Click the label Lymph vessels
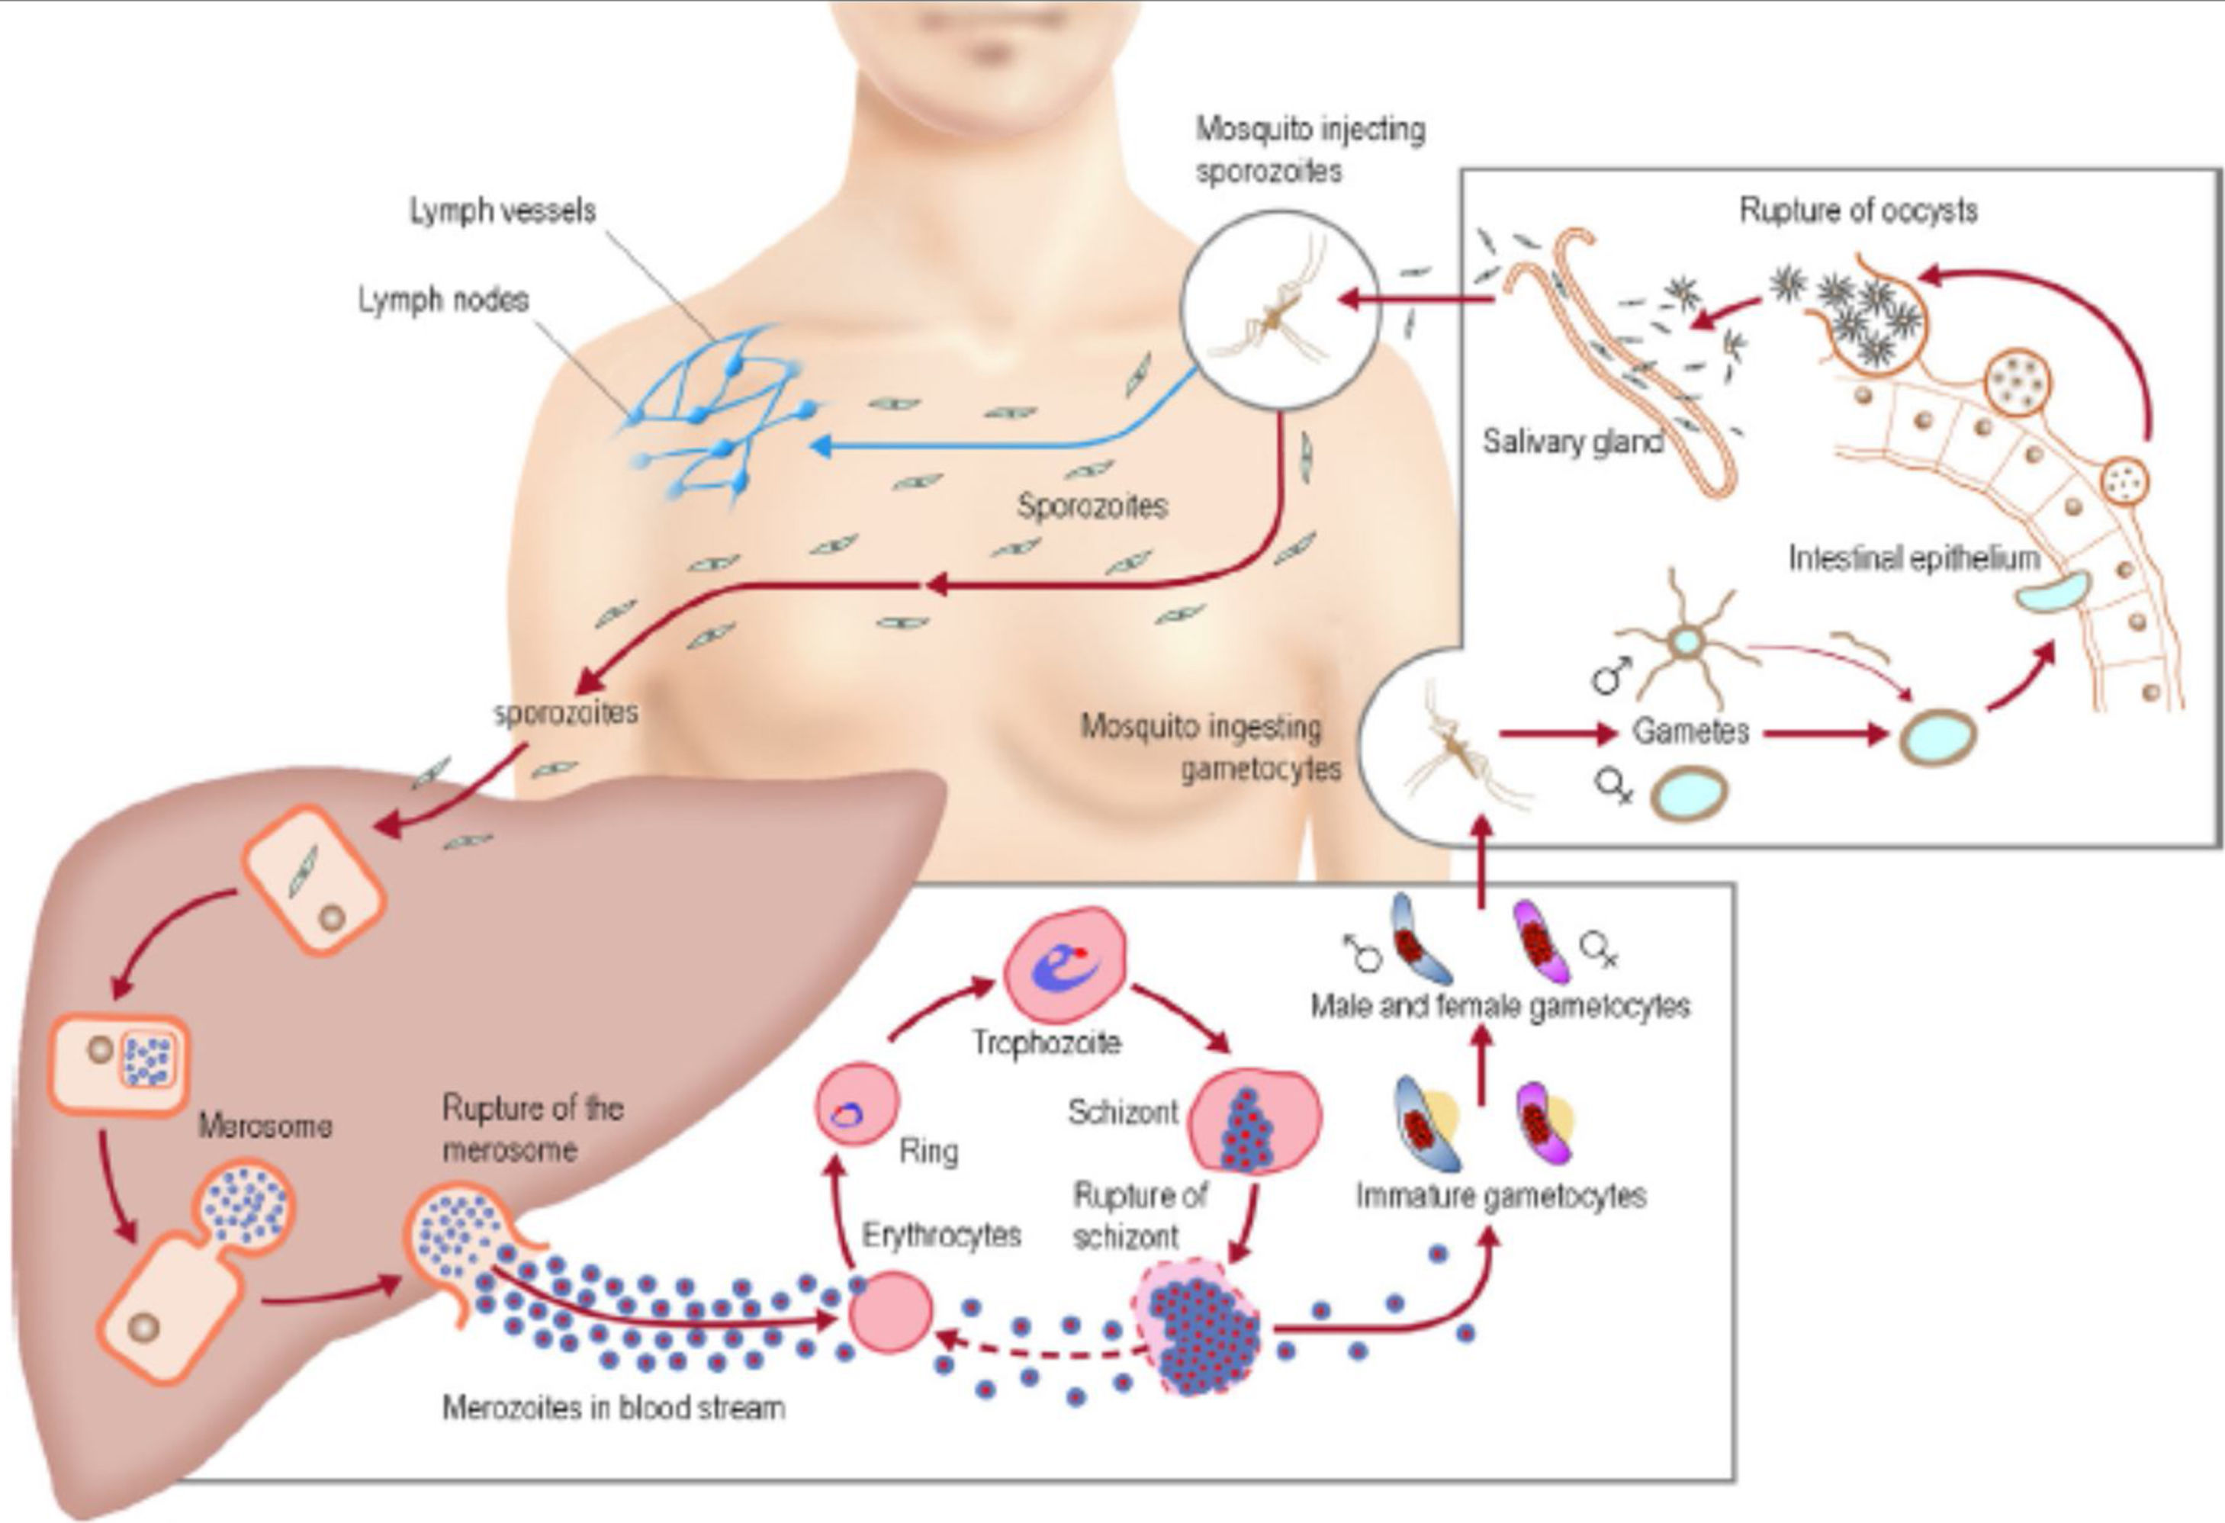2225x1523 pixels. [x=503, y=210]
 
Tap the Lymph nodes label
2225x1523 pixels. [x=443, y=300]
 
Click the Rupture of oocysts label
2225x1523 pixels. [x=1857, y=210]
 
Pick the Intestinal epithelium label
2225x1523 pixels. [x=1914, y=558]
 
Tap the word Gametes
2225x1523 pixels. [x=1690, y=731]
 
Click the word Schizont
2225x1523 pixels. [x=1123, y=1113]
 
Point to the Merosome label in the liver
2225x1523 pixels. [x=265, y=1126]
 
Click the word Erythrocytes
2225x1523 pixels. [x=941, y=1235]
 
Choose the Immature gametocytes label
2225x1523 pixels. [x=1500, y=1196]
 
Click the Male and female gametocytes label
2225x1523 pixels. [x=1500, y=1006]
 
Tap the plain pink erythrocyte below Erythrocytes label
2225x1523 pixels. [x=890, y=1312]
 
